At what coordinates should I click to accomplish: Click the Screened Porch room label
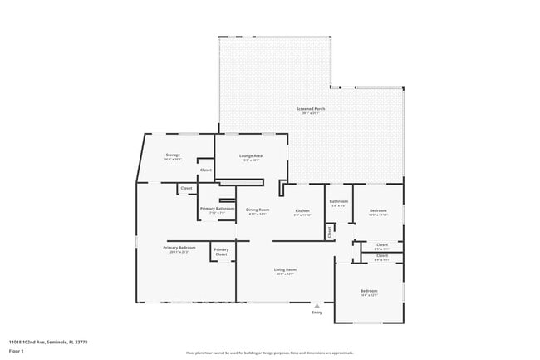coord(311,110)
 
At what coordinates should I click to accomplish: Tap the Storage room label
coord(173,155)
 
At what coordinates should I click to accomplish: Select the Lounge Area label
coord(251,155)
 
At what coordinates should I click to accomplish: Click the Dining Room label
coord(258,210)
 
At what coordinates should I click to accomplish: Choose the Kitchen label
coord(302,210)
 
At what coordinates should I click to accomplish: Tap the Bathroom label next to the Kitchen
coord(338,200)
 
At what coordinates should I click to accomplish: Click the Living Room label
coord(286,269)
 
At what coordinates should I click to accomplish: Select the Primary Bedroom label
coord(179,248)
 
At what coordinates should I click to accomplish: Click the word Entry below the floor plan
coord(317,313)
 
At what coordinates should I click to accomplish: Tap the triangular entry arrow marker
coord(317,305)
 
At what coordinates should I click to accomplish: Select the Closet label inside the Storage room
coord(205,170)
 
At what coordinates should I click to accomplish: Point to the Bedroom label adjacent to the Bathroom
coord(378,210)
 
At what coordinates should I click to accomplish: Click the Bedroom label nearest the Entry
coord(369,291)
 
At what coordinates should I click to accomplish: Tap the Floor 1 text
coord(16,350)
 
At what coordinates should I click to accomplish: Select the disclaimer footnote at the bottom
coord(269,353)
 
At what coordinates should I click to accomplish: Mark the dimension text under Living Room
coord(286,274)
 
